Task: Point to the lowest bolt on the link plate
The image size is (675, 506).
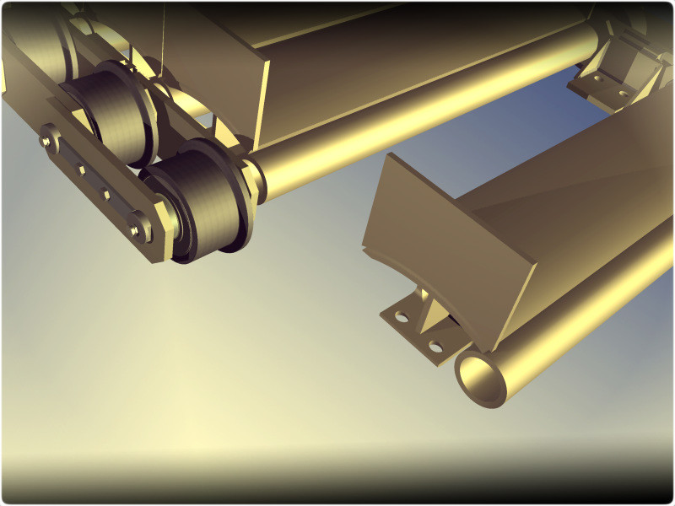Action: (x=135, y=226)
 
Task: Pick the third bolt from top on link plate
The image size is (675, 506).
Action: (x=107, y=196)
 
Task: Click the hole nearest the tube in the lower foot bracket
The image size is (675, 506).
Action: (x=435, y=346)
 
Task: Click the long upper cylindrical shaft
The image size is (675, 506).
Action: (x=422, y=110)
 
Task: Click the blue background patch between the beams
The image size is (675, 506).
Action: (x=540, y=126)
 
